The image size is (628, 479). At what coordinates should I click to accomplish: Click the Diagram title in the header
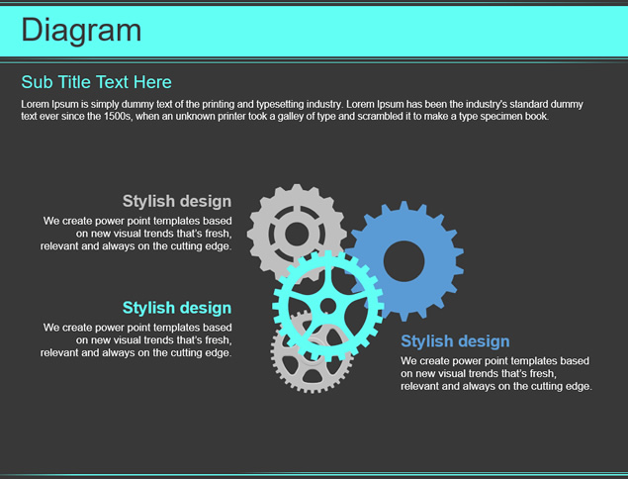pos(81,31)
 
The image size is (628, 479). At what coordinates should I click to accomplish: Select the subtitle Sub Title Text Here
pos(97,82)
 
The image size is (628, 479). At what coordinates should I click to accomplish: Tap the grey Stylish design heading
pos(177,201)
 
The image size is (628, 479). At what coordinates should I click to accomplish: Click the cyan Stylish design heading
pos(177,308)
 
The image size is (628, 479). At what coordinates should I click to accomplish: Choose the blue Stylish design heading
pos(455,341)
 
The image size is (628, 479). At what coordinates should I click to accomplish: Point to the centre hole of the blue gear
pos(404,261)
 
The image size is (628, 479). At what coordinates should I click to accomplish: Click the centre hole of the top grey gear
pos(297,235)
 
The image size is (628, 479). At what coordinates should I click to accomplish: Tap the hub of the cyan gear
pos(328,306)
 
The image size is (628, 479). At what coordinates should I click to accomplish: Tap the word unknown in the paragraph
pos(193,117)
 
